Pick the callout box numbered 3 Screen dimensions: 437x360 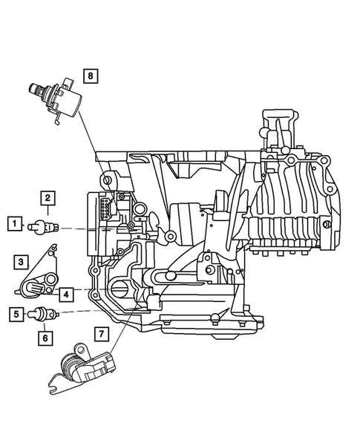tap(24, 261)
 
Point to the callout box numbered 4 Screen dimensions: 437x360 tap(66, 295)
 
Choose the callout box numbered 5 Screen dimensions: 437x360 tap(14, 314)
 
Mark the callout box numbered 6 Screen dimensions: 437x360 tap(45, 338)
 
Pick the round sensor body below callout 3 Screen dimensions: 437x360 tap(37, 286)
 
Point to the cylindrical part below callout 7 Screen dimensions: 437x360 tap(75, 365)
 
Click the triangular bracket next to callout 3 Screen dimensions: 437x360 tap(46, 260)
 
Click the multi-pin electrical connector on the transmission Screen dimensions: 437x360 tap(106, 205)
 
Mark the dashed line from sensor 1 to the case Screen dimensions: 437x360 tap(74, 228)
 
